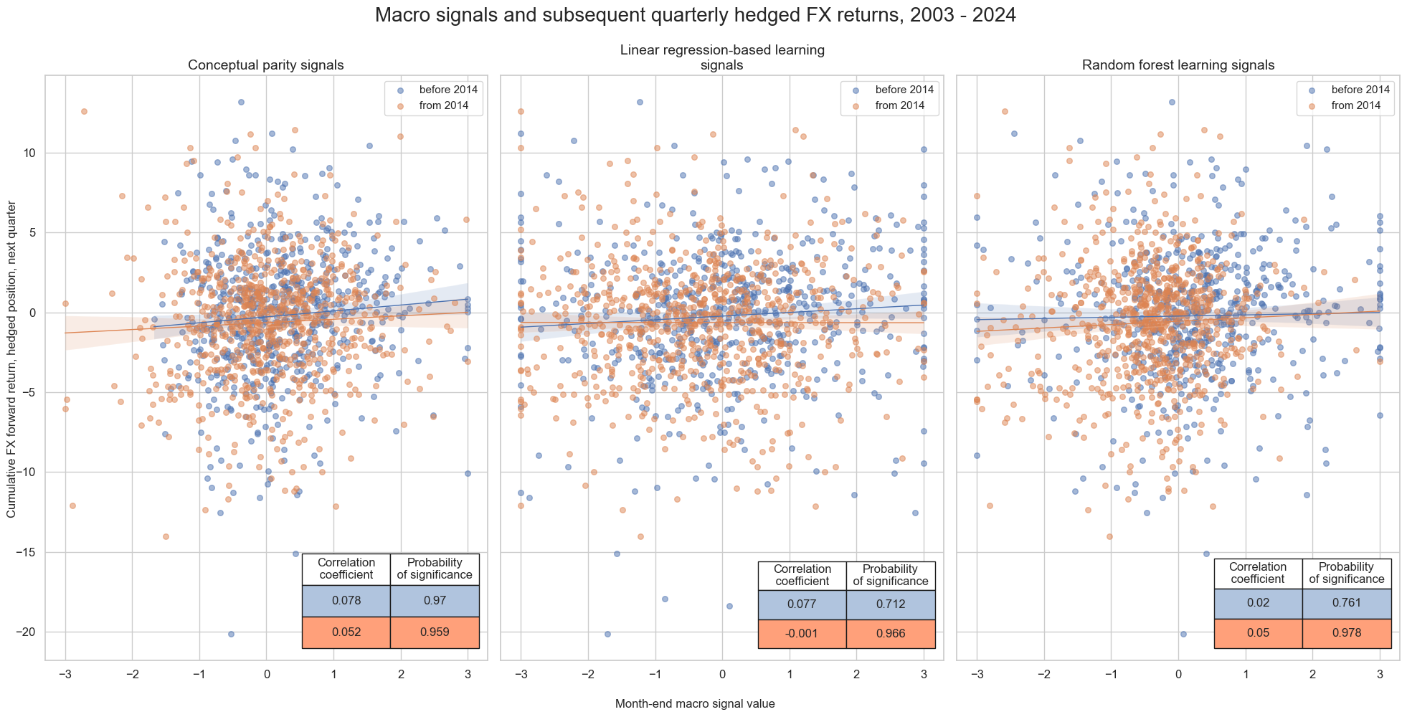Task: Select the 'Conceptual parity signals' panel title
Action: pos(265,65)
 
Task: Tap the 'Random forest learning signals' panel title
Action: pos(1178,65)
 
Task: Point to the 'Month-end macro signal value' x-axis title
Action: pos(695,704)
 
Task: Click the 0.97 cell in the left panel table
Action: pos(435,601)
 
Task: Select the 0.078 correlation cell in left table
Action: pos(346,601)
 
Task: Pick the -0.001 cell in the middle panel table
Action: pos(802,634)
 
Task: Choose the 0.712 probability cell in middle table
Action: pos(891,604)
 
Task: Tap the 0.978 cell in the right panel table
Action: pos(1347,633)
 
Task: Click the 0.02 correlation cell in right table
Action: pos(1258,603)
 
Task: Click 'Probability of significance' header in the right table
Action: pos(1347,573)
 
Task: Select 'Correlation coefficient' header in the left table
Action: pos(346,569)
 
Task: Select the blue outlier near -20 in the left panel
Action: pos(231,634)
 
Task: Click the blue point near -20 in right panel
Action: pos(1183,634)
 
